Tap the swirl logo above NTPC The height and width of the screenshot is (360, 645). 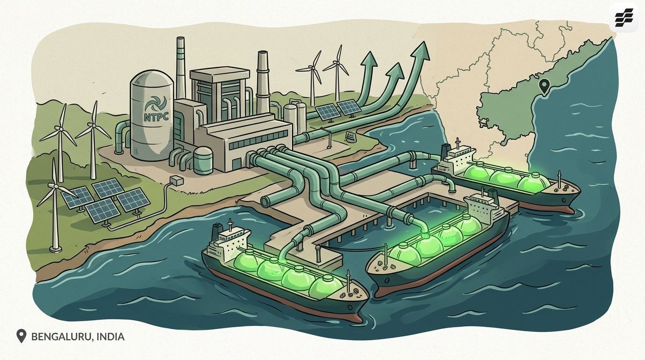(x=156, y=104)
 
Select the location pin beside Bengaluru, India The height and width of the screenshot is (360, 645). (x=21, y=336)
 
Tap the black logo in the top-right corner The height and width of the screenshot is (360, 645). (x=624, y=17)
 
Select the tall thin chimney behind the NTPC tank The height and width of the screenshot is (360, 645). (x=180, y=68)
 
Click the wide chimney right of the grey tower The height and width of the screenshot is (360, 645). (x=262, y=82)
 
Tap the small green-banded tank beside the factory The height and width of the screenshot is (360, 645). (x=203, y=161)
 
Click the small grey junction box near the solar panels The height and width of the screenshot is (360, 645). (x=177, y=181)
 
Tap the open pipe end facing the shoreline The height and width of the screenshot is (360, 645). (x=265, y=201)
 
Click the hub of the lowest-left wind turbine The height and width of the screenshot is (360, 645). (x=56, y=187)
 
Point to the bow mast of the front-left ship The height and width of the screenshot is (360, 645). (x=349, y=281)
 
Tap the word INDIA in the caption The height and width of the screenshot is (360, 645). (x=111, y=337)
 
